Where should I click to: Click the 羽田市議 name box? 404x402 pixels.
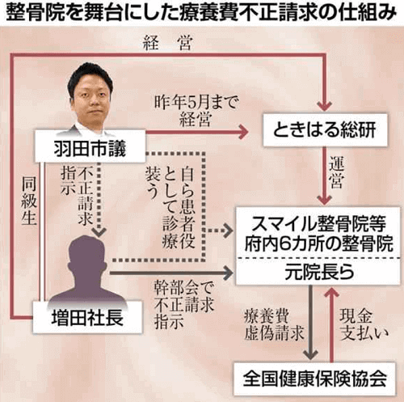[x=90, y=146]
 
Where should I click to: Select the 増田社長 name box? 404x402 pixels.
[x=87, y=317]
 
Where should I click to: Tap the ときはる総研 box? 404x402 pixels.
[x=325, y=130]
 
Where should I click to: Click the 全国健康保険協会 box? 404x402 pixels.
[x=315, y=379]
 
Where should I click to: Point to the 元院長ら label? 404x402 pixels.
[x=319, y=272]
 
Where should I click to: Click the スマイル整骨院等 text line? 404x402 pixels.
[x=318, y=223]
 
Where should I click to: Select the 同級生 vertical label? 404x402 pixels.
[x=29, y=201]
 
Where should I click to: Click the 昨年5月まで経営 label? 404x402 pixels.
[x=196, y=111]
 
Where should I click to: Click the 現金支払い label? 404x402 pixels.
[x=364, y=325]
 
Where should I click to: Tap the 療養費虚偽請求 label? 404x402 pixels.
[x=274, y=325]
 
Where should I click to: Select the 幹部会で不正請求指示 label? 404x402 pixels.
[x=184, y=305]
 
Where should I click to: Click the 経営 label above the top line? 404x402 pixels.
[x=167, y=43]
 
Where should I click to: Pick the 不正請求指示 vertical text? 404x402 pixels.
[x=77, y=196]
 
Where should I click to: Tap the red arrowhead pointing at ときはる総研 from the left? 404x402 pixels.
[x=243, y=132]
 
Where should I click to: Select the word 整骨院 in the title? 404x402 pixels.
[x=34, y=13]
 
